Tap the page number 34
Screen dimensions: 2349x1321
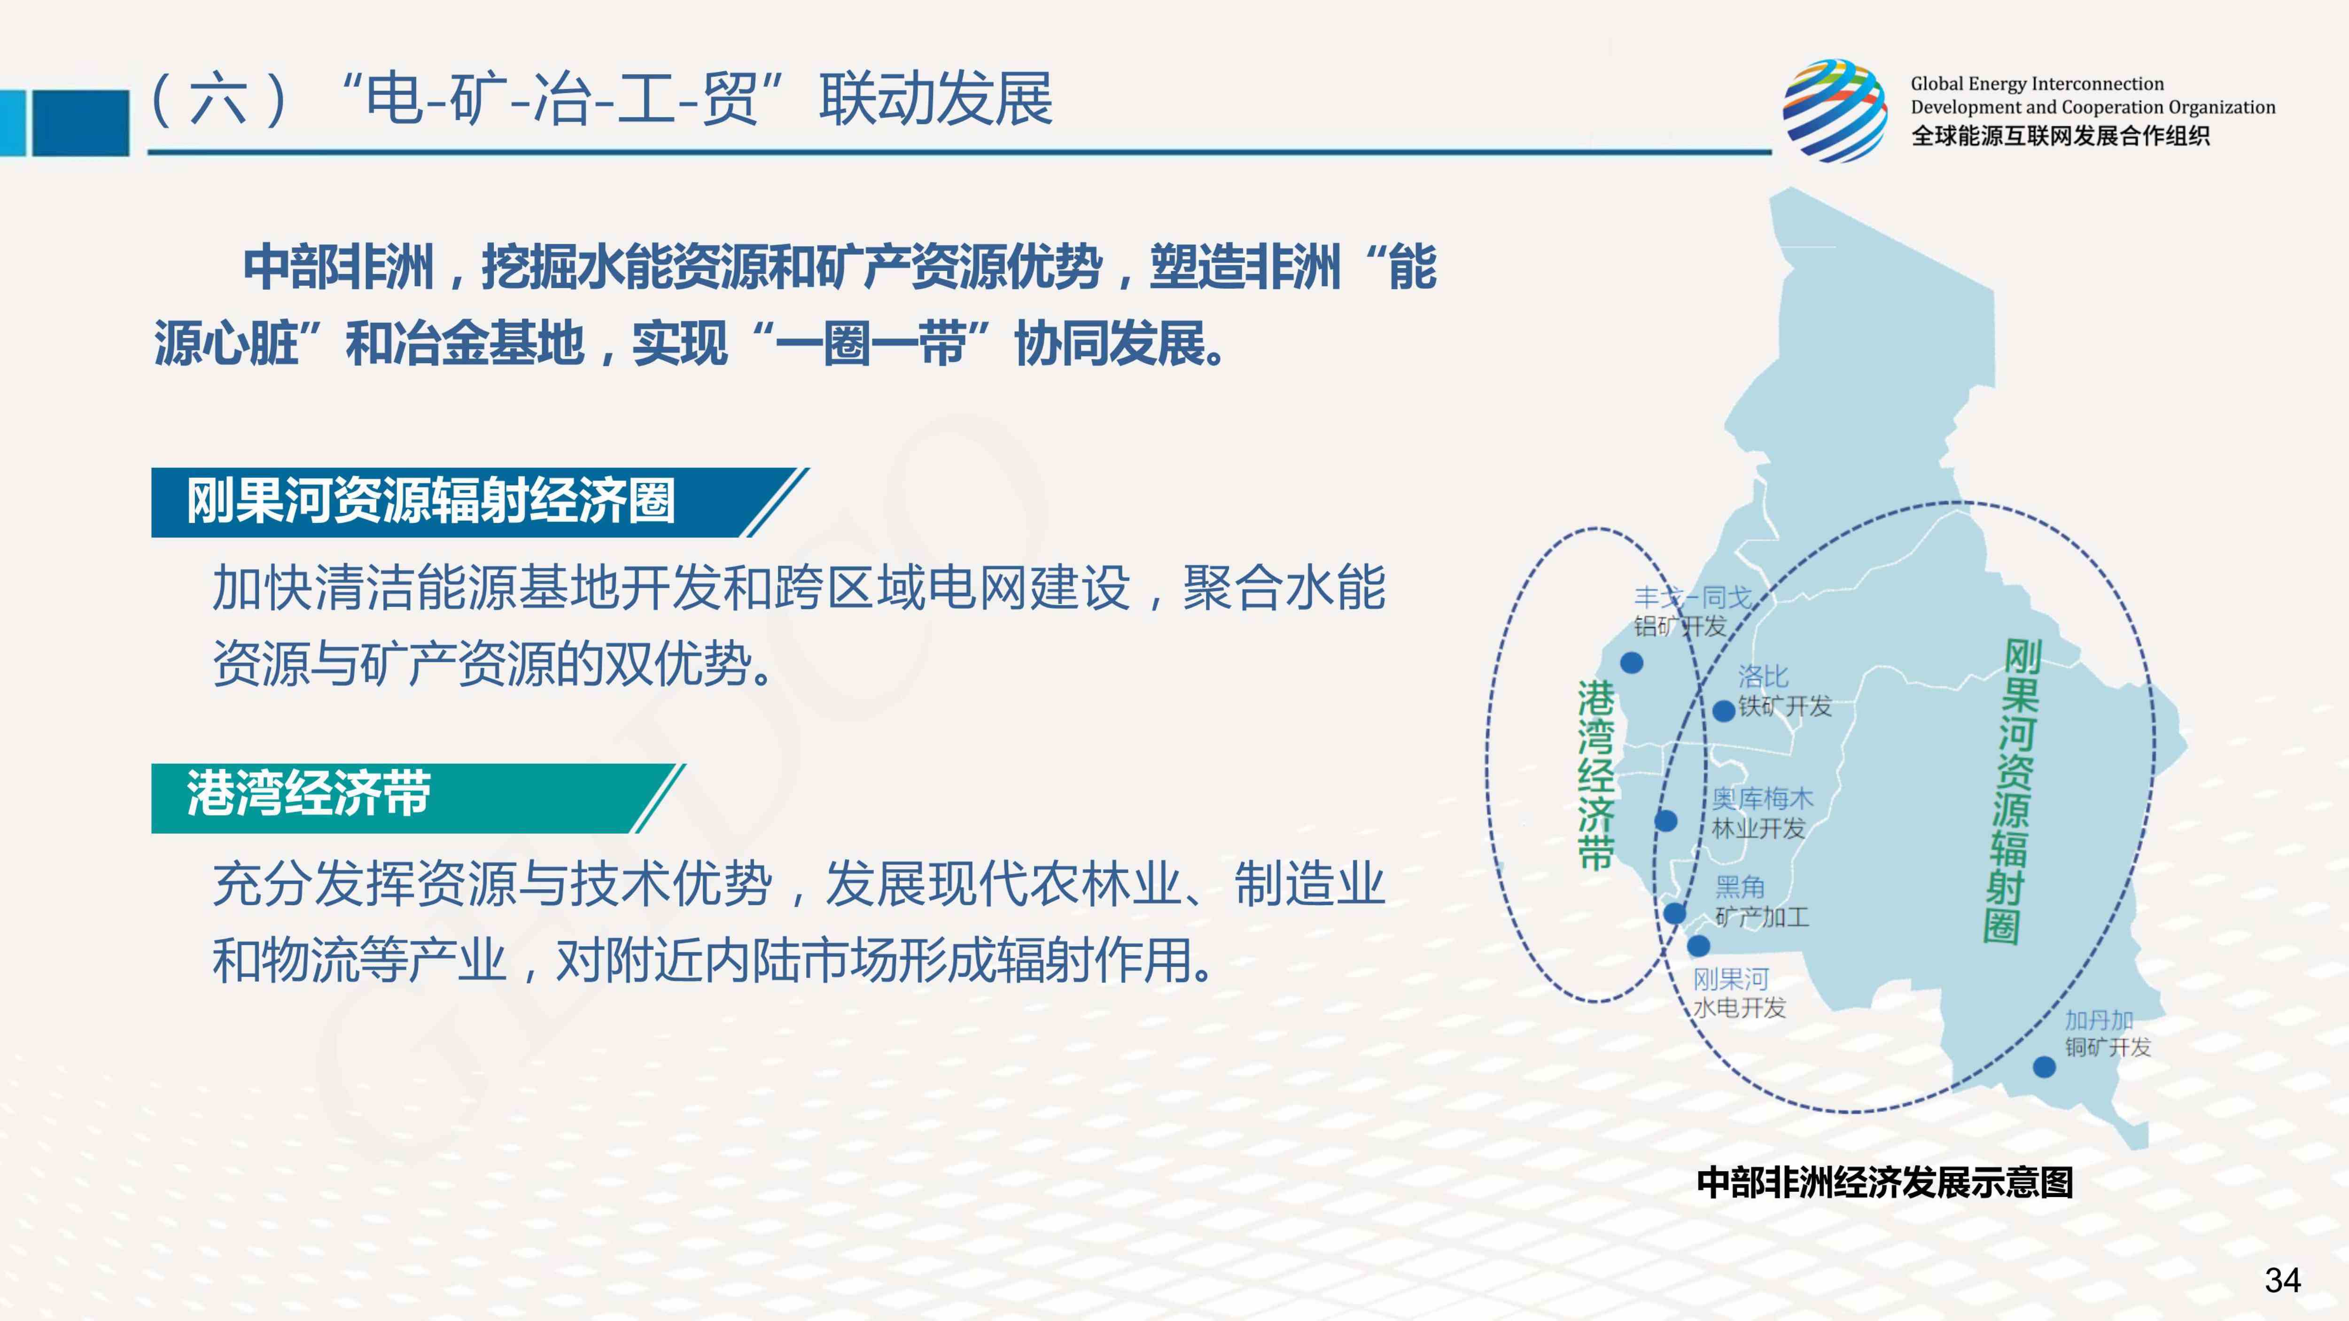[x=2282, y=1280]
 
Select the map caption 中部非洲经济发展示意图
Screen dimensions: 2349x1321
[x=1885, y=1182]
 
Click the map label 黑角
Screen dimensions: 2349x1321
[x=1740, y=886]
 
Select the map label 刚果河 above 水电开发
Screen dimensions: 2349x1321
[x=1731, y=979]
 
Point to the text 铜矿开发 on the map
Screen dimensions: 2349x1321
[x=2108, y=1048]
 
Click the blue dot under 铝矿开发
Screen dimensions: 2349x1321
[x=1631, y=663]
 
